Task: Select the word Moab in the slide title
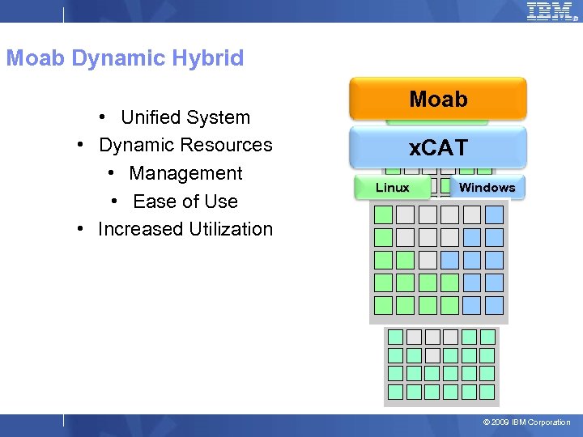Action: tap(36, 58)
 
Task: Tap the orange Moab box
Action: tap(438, 100)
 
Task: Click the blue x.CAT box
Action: tap(438, 147)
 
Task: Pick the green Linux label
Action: tap(393, 188)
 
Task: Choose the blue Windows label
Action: tap(487, 188)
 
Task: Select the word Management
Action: tap(185, 173)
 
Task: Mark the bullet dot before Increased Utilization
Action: tap(81, 228)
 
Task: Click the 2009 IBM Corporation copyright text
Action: tap(526, 422)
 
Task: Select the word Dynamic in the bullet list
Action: tap(135, 145)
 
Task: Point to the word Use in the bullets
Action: tap(221, 202)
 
